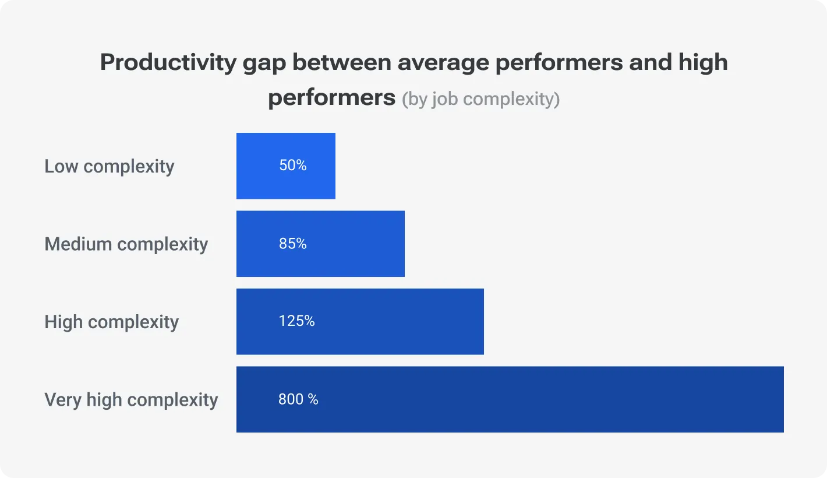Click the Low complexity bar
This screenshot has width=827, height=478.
click(285, 166)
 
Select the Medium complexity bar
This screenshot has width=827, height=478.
click(320, 244)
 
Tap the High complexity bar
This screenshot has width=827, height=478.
click(360, 321)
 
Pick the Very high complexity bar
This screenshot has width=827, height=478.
click(510, 399)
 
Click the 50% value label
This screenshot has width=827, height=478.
click(292, 166)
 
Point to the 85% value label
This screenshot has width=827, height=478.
click(292, 244)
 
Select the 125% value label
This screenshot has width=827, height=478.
click(296, 321)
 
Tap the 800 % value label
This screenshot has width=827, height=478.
click(298, 399)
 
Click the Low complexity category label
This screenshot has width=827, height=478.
click(109, 166)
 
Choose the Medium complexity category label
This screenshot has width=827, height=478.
click(126, 244)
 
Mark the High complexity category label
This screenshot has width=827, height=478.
click(111, 322)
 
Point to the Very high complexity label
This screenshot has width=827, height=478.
click(131, 400)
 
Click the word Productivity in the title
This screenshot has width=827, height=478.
click(168, 62)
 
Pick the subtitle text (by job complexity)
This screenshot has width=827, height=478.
click(480, 99)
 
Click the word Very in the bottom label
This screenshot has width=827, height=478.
click(62, 400)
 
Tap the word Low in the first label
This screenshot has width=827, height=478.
click(61, 166)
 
